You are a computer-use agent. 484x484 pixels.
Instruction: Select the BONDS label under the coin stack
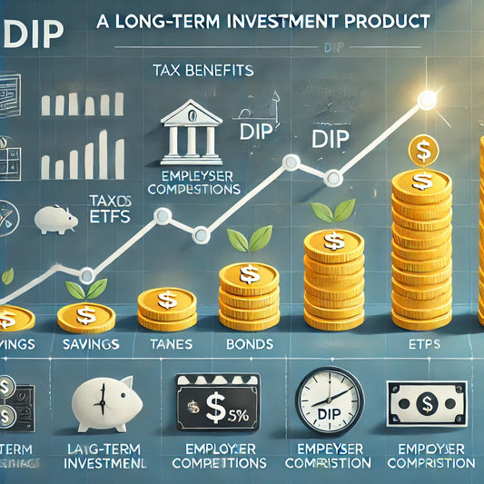[246, 346]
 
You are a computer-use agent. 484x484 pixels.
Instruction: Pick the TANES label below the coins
[165, 346]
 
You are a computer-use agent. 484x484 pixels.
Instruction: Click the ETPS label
[422, 346]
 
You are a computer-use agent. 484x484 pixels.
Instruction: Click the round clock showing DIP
[329, 400]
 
